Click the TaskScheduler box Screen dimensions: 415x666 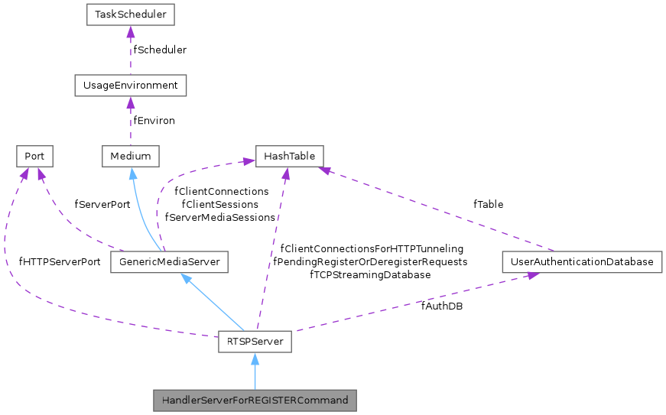[x=130, y=15]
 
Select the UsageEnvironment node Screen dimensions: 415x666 [x=130, y=86]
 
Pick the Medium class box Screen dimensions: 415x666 [x=130, y=157]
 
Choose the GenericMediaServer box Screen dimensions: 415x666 [x=170, y=262]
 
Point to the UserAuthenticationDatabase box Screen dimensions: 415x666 [x=582, y=262]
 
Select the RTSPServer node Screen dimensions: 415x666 [x=254, y=342]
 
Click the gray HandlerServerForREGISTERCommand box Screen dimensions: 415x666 [x=254, y=400]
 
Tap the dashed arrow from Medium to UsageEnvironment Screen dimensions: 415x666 [x=130, y=122]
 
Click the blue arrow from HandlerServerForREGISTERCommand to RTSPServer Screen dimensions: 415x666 [x=254, y=371]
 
